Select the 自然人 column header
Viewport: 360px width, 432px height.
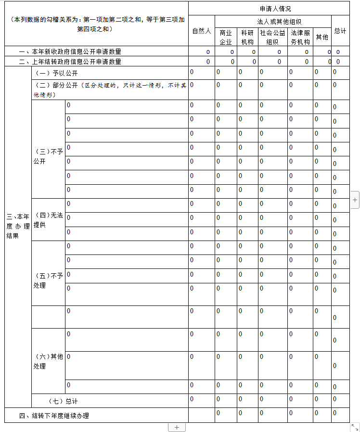point(202,31)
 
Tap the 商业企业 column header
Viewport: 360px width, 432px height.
point(226,37)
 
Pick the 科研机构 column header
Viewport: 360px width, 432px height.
point(247,37)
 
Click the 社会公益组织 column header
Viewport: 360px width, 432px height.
point(272,37)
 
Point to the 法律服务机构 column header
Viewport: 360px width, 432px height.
point(300,37)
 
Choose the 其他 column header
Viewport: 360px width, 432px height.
point(321,37)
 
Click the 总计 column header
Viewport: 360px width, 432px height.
point(340,31)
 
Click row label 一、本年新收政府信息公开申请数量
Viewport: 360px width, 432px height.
point(70,51)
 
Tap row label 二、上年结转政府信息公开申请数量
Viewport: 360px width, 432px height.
point(70,62)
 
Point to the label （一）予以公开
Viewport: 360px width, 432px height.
point(56,73)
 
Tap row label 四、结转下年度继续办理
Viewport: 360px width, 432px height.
point(54,416)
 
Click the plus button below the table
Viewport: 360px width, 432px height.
point(177,427)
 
